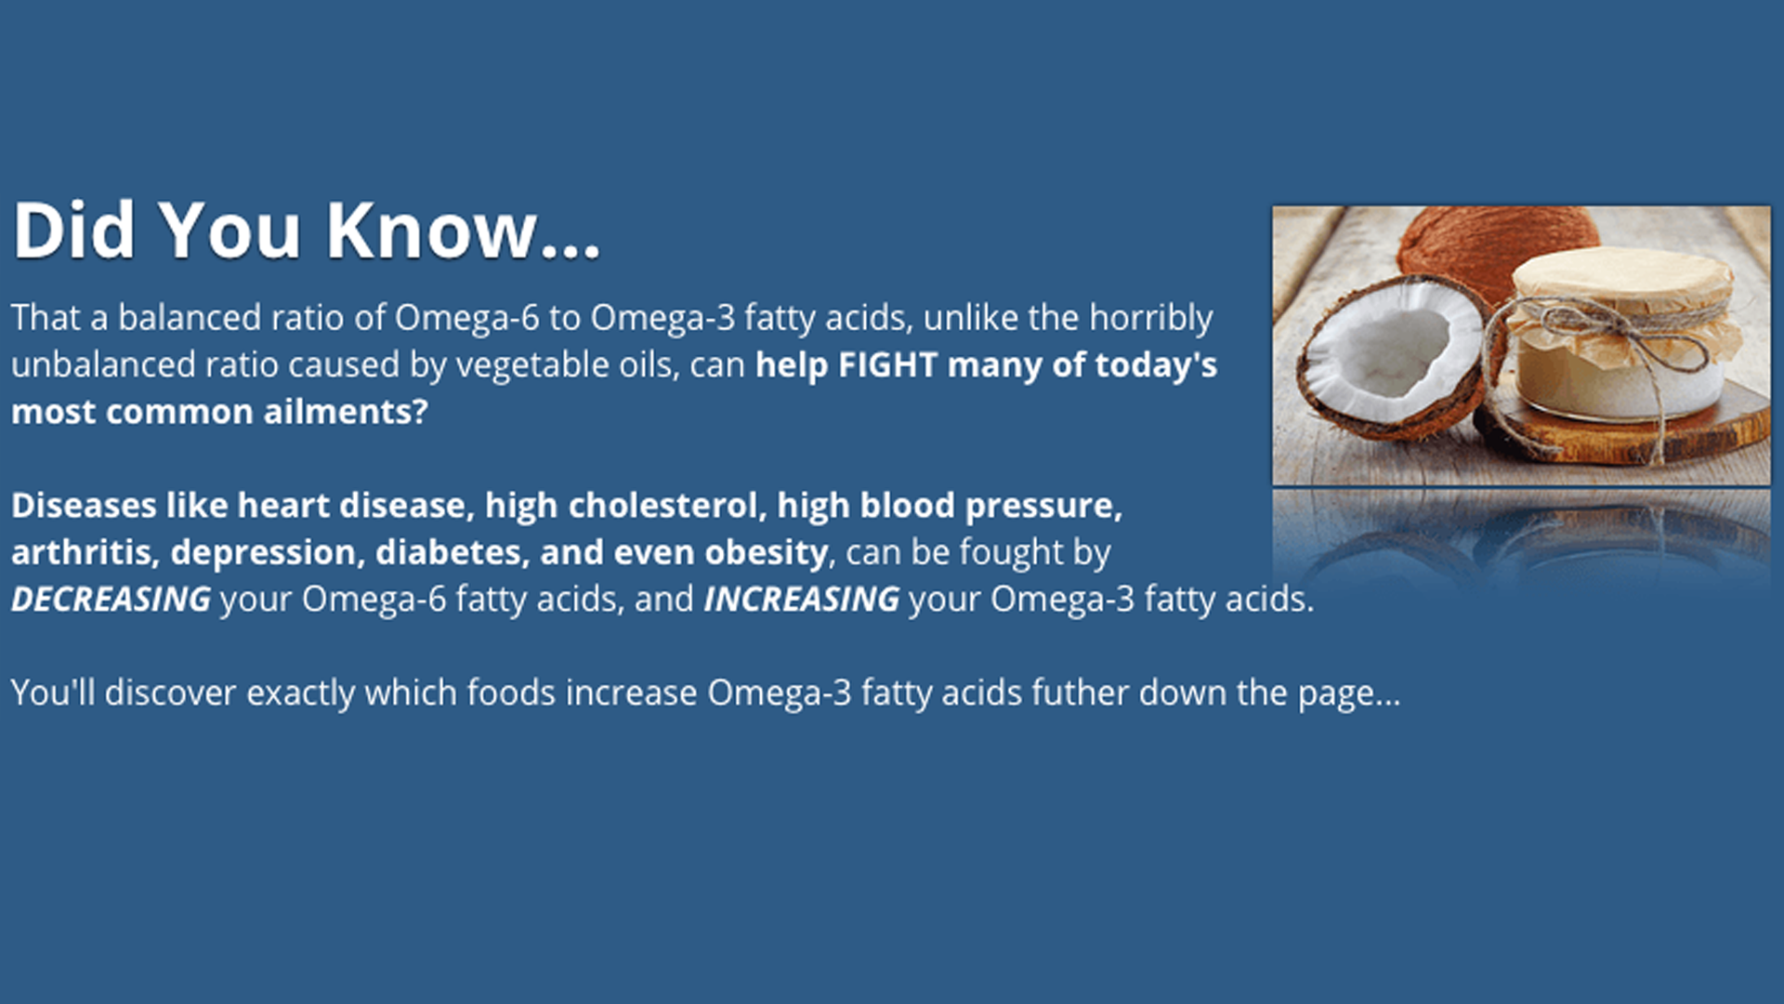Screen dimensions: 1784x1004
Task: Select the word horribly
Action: pos(1151,319)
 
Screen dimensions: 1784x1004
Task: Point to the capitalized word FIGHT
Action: pos(887,365)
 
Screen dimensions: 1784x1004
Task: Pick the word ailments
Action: pos(346,412)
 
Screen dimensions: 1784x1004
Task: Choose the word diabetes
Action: pos(453,552)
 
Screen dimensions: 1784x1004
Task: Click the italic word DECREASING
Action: pos(111,600)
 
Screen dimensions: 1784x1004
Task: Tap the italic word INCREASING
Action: pos(802,600)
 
